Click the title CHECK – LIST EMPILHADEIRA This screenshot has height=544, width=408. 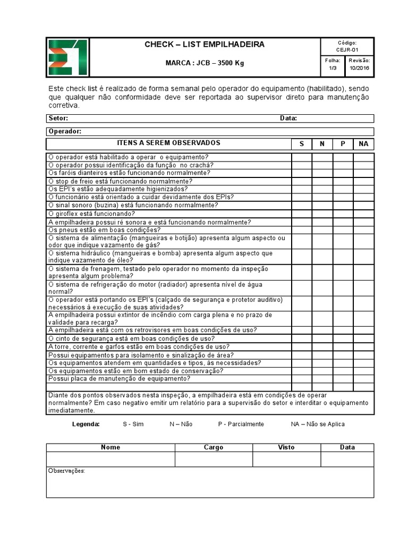pyautogui.click(x=205, y=45)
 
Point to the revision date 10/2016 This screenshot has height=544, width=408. pyautogui.click(x=360, y=69)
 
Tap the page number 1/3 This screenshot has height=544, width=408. pyautogui.click(x=333, y=69)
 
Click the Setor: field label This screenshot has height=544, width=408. pyautogui.click(x=58, y=118)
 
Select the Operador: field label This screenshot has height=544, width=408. pyautogui.click(x=64, y=131)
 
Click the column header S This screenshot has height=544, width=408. pyautogui.click(x=302, y=144)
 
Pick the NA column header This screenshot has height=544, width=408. pyautogui.click(x=363, y=144)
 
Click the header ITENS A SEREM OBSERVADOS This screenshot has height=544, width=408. pyautogui.click(x=168, y=143)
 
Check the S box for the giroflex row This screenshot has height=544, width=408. pyautogui.click(x=302, y=214)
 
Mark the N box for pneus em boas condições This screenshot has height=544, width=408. pyautogui.click(x=322, y=230)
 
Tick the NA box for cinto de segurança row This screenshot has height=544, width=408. pyautogui.click(x=363, y=338)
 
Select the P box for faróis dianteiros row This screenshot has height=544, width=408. pyautogui.click(x=343, y=173)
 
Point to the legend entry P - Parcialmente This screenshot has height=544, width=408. pyautogui.click(x=241, y=424)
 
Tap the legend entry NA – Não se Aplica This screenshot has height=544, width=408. pyautogui.click(x=318, y=424)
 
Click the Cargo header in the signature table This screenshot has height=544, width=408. pyautogui.click(x=214, y=447)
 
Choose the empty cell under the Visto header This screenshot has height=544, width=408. pyautogui.click(x=286, y=459)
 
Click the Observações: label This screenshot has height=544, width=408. pyautogui.click(x=66, y=471)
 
